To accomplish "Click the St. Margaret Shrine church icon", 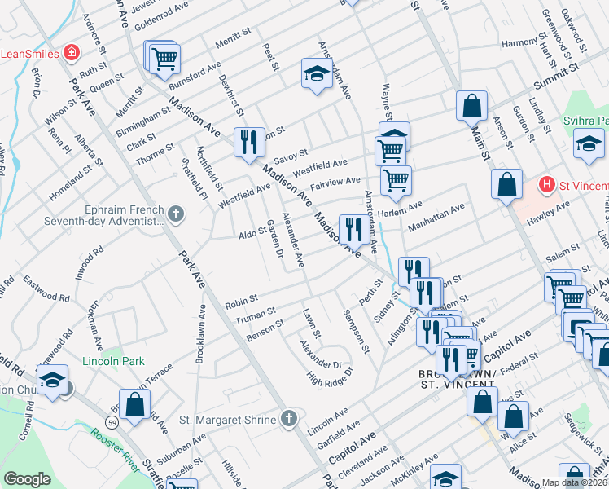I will point(287,419).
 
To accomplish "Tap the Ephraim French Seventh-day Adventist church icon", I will point(176,214).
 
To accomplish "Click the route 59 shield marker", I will point(111,421).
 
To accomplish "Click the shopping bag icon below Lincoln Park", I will point(136,402).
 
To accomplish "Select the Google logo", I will point(27,479).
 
